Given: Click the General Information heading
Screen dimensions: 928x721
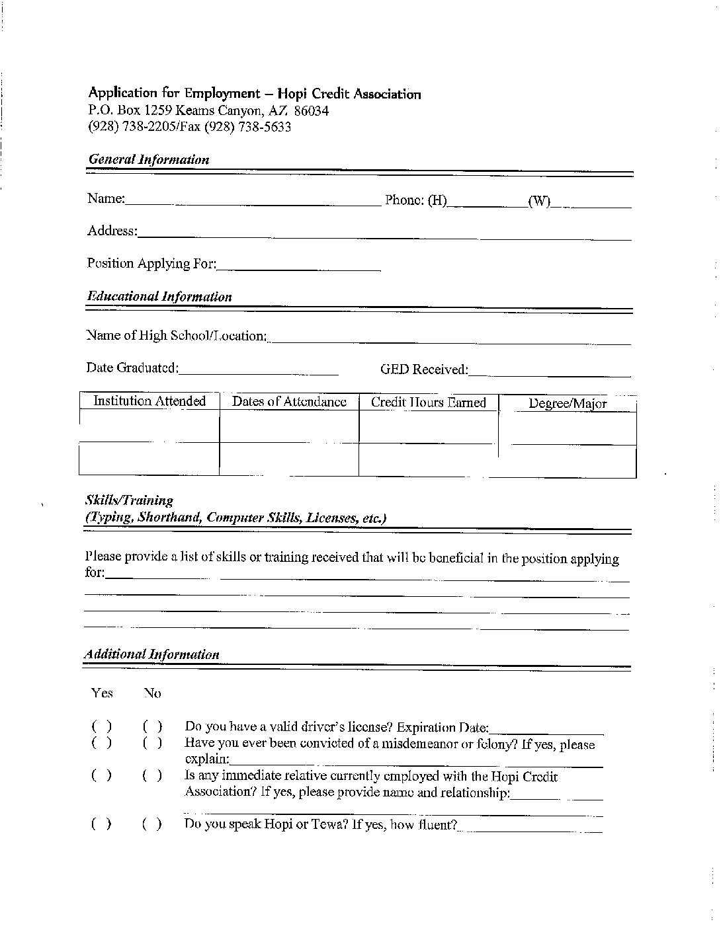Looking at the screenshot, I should point(149,159).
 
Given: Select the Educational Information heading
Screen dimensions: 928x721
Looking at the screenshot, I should point(159,296).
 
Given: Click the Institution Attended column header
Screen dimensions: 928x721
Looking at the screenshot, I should point(149,401).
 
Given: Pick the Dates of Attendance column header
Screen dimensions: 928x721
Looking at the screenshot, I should point(289,402).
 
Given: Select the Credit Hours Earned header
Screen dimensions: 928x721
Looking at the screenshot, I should point(428,403).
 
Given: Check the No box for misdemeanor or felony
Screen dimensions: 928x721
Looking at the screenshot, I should point(152,742).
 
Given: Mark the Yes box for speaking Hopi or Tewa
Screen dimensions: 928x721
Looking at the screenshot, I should point(101,824).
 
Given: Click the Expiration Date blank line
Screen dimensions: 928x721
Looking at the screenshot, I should point(546,730).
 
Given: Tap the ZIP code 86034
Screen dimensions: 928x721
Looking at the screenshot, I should point(311,110).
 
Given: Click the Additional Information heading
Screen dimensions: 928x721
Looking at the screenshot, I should point(151,654).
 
